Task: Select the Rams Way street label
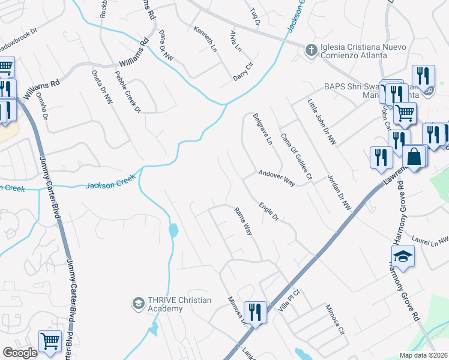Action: pyautogui.click(x=243, y=220)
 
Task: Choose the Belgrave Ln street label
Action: pyautogui.click(x=262, y=130)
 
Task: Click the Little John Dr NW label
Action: pyautogui.click(x=322, y=122)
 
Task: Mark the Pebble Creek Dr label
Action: pyautogui.click(x=127, y=92)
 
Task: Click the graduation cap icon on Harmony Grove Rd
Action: pyautogui.click(x=403, y=256)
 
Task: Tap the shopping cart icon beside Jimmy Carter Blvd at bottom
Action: pyautogui.click(x=50, y=341)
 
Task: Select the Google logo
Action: pyautogui.click(x=20, y=353)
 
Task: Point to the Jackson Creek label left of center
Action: pyautogui.click(x=108, y=184)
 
